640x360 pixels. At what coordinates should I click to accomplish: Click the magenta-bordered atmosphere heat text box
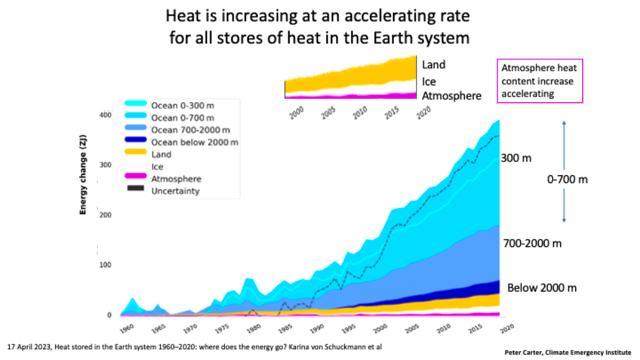pos(538,81)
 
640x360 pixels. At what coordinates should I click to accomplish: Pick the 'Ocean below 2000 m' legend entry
pos(195,142)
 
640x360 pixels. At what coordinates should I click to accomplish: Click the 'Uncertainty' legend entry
pos(175,191)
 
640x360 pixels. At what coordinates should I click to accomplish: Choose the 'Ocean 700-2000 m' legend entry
pos(191,129)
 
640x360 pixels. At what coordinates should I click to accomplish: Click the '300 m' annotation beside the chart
pos(517,158)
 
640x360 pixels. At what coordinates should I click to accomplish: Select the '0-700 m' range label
pos(568,179)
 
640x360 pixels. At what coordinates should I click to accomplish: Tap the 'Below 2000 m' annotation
pos(542,287)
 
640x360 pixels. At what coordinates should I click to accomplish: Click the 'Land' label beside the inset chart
pos(434,64)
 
